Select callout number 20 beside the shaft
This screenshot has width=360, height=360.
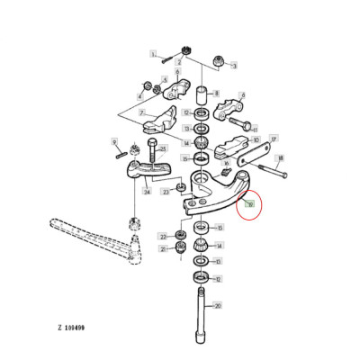[x=216, y=305]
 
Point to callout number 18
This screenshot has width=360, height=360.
[x=280, y=157]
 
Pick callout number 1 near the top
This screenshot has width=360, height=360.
[x=153, y=54]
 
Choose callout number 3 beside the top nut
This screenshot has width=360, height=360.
[x=234, y=65]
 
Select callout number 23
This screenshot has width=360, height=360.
[x=166, y=192]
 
